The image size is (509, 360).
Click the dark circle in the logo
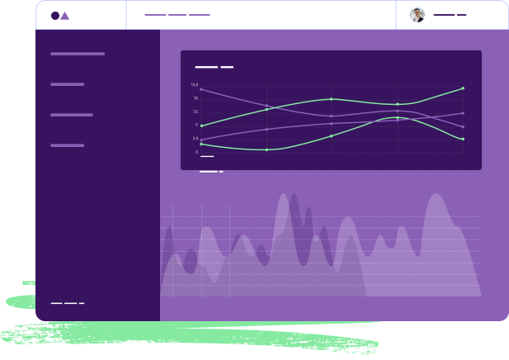click(x=55, y=15)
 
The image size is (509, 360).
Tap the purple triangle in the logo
click(x=64, y=16)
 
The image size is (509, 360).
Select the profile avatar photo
click(x=417, y=15)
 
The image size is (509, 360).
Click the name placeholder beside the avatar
click(x=450, y=15)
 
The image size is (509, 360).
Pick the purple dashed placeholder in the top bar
click(x=177, y=15)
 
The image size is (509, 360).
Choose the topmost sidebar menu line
click(x=78, y=54)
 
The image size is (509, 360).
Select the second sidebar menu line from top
click(x=67, y=84)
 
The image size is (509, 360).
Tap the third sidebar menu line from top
click(x=72, y=115)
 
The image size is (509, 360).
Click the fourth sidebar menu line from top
click(x=67, y=145)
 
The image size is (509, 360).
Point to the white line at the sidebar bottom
click(x=67, y=303)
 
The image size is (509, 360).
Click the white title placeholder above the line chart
click(x=214, y=67)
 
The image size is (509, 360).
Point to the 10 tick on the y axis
click(x=196, y=98)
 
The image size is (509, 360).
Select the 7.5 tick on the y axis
click(x=196, y=111)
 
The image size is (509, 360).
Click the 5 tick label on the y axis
click(x=196, y=125)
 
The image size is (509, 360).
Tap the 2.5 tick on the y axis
click(x=196, y=138)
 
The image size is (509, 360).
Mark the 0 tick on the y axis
click(x=196, y=151)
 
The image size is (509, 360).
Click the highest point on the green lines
click(x=463, y=88)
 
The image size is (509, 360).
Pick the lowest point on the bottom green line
click(x=266, y=149)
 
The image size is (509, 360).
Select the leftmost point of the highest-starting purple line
click(x=201, y=89)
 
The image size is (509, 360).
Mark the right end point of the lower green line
click(x=463, y=139)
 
